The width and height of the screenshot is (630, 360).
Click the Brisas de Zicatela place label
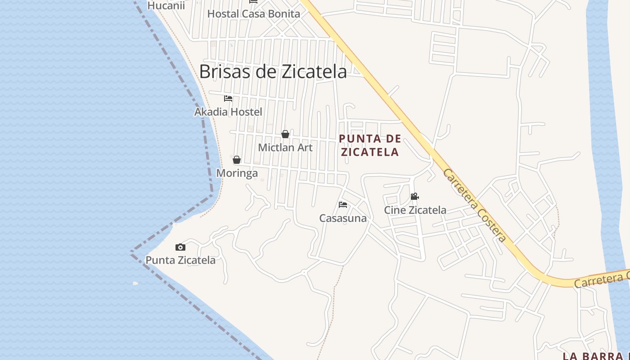[273, 72]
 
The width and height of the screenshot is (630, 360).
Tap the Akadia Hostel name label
[228, 112]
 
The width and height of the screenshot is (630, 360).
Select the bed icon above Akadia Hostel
[228, 99]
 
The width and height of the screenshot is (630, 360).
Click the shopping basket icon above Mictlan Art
[285, 134]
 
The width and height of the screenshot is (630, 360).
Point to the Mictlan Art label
[285, 147]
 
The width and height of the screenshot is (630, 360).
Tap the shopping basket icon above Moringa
[237, 160]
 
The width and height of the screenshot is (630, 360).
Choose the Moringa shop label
[237, 173]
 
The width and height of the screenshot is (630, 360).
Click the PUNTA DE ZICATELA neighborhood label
[370, 145]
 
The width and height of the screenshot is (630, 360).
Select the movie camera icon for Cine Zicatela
[414, 197]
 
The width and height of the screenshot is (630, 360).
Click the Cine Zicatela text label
[415, 210]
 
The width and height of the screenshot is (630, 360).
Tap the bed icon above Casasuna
[343, 205]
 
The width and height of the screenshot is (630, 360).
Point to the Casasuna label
[343, 218]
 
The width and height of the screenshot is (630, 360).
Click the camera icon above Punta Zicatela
[180, 247]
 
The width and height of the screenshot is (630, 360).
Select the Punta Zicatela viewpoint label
[180, 260]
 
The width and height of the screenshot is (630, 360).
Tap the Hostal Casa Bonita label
[253, 13]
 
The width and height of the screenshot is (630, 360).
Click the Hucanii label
[166, 6]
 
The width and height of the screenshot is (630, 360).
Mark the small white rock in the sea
[135, 283]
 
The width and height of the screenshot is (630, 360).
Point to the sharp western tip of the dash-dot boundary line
[131, 252]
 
